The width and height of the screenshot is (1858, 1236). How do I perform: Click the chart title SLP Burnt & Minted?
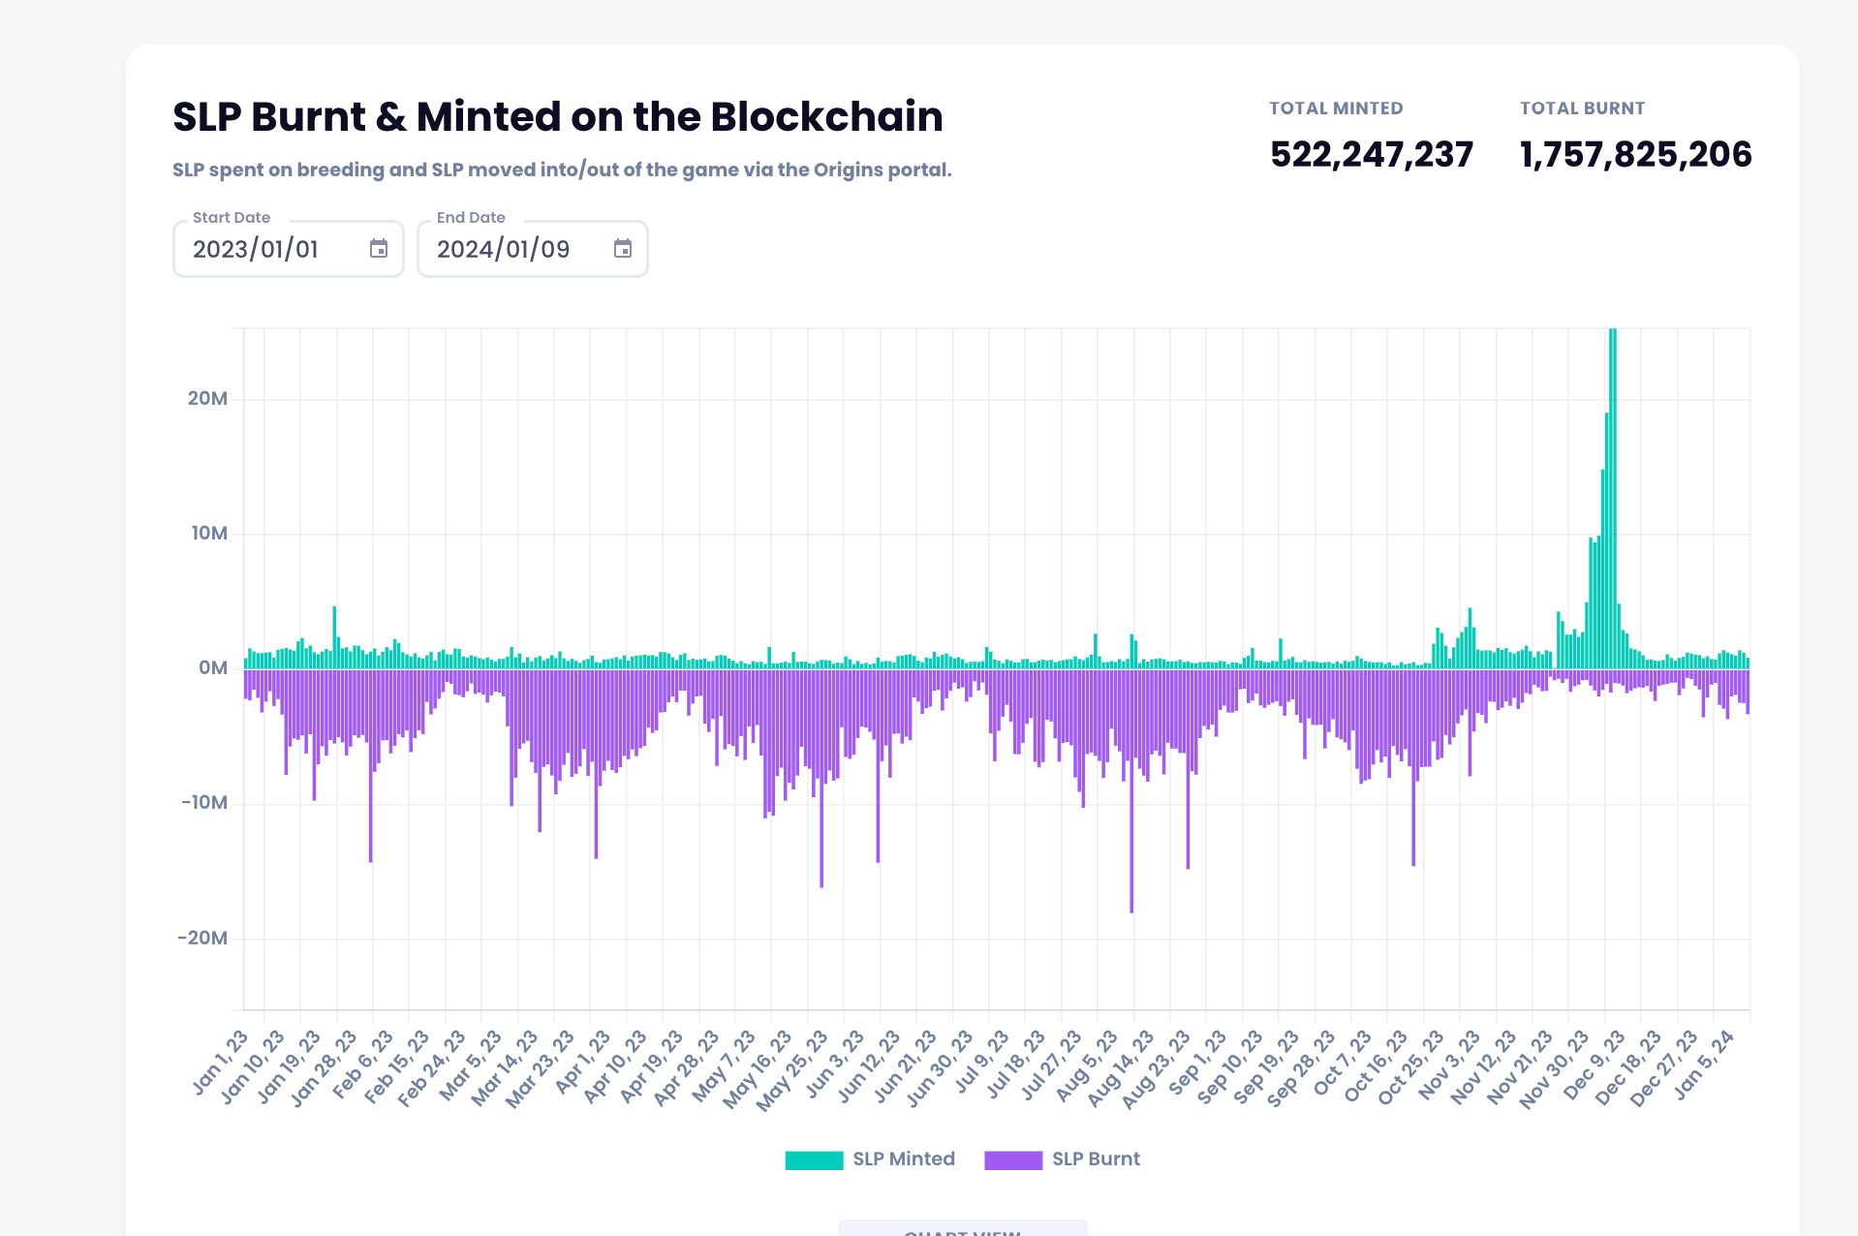557,117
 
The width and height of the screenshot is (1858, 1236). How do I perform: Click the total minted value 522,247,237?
1371,155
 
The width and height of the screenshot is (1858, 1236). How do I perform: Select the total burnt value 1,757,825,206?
1635,155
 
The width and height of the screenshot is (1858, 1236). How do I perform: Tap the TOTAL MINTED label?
1336,108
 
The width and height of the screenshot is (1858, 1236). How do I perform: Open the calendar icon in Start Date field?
379,249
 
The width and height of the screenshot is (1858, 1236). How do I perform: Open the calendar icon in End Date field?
623,249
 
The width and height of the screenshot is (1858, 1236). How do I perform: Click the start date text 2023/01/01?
256,250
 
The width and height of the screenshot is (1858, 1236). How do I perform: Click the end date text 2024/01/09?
503,250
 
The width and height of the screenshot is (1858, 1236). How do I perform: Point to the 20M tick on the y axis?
207,399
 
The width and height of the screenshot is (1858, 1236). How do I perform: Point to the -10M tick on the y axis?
204,803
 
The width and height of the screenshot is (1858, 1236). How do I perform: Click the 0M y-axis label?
213,668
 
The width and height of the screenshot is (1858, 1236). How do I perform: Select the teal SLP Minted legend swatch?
814,1159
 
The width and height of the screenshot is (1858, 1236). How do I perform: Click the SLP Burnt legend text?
1096,1159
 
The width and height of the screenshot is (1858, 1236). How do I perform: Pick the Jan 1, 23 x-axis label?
221,1065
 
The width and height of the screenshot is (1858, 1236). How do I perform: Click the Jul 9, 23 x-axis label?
985,1065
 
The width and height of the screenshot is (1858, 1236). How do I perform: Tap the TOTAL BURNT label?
1582,108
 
